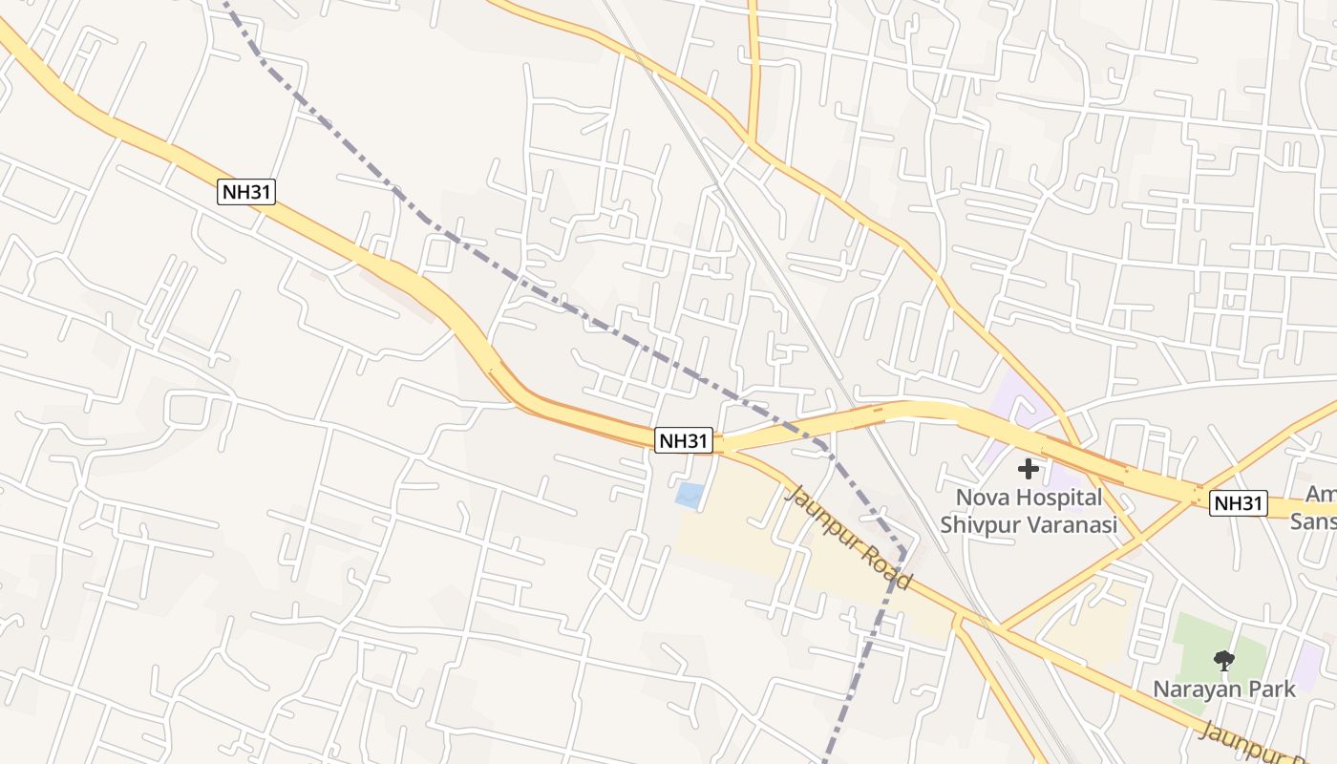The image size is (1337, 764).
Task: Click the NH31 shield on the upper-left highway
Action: click(247, 192)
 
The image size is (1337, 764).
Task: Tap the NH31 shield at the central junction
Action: click(684, 440)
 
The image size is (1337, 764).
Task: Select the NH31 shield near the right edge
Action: click(1238, 503)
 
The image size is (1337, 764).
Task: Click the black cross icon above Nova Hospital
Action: click(1029, 469)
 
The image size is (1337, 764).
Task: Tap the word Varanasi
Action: click(1073, 524)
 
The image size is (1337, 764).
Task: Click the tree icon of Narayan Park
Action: click(1223, 660)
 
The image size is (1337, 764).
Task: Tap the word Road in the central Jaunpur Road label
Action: click(891, 569)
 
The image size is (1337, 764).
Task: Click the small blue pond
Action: click(689, 495)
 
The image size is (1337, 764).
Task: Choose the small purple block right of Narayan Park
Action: click(1309, 665)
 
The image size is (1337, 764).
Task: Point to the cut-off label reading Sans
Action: click(1313, 521)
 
